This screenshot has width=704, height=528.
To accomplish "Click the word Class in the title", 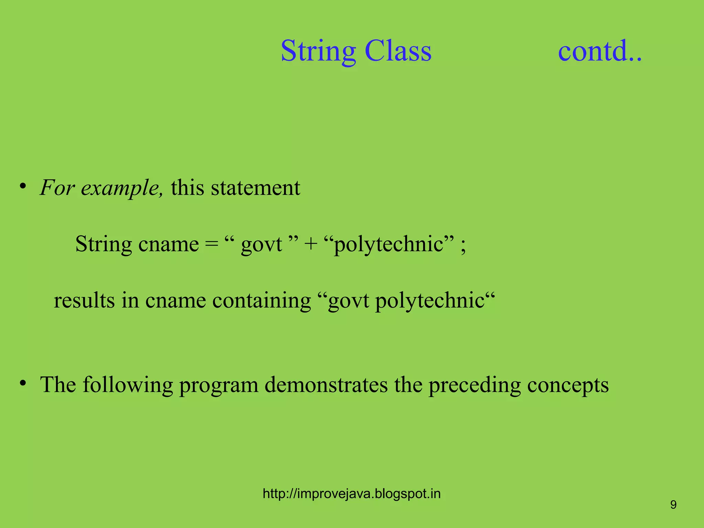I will coord(398,51).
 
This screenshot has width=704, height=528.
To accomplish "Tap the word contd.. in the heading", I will coord(599,51).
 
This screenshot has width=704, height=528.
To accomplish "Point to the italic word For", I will coord(57,188).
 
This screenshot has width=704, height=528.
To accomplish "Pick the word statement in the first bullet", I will coord(255,188).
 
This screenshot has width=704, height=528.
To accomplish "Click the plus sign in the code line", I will coord(310,245).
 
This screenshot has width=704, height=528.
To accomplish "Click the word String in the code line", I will coord(103,245).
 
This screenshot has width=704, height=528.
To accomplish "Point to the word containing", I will coord(262,300).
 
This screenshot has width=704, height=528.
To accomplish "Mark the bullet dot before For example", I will coord(23,187).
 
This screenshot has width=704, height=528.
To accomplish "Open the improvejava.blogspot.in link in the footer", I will coord(352,494).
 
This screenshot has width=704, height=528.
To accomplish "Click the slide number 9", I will coord(673,505).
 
